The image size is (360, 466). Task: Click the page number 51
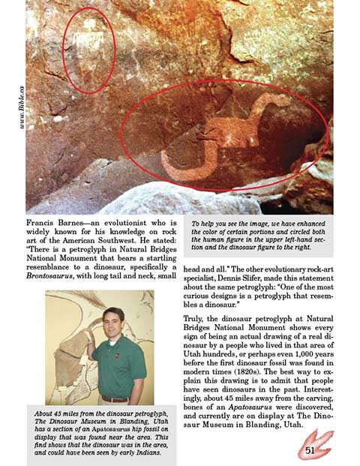[310, 450]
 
